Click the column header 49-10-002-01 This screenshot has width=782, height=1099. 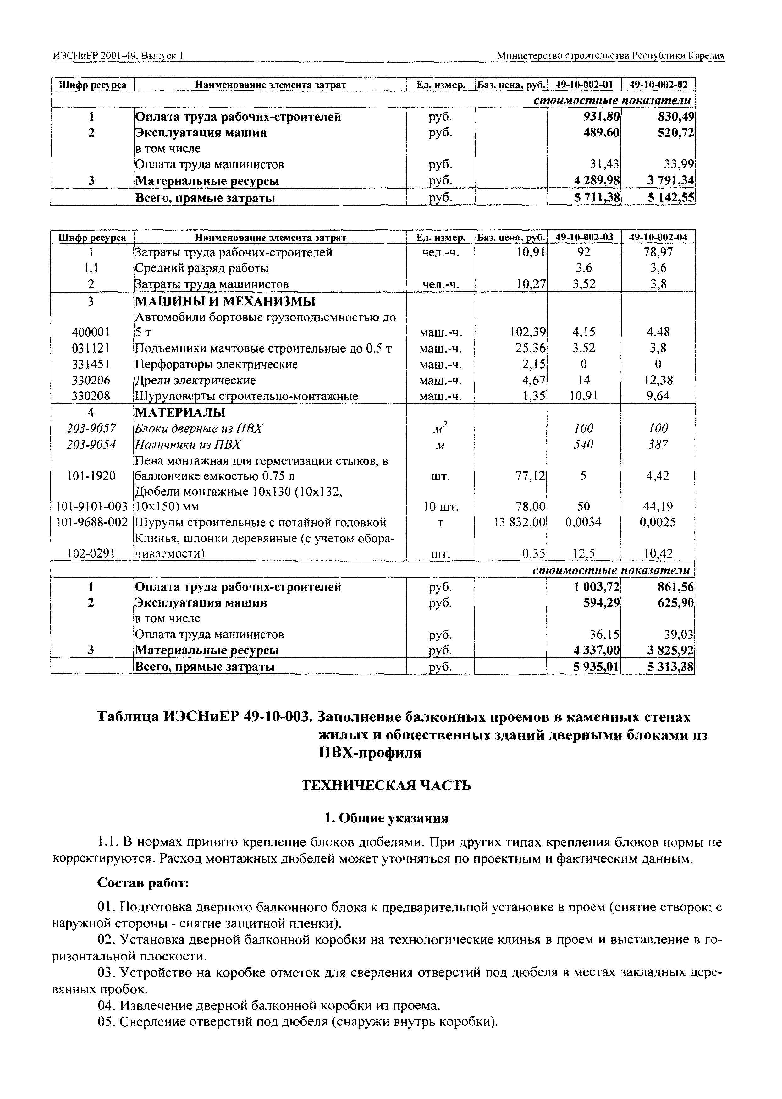click(584, 85)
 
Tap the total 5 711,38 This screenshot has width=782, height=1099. click(597, 197)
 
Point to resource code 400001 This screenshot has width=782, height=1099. click(91, 332)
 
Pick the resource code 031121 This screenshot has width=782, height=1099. click(91, 348)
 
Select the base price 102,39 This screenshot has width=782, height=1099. click(528, 332)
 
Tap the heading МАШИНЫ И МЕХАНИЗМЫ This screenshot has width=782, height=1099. click(225, 302)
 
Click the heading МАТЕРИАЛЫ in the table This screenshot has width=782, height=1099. click(181, 413)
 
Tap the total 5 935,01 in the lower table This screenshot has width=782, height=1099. click(596, 667)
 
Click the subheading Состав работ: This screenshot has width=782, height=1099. click(143, 883)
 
